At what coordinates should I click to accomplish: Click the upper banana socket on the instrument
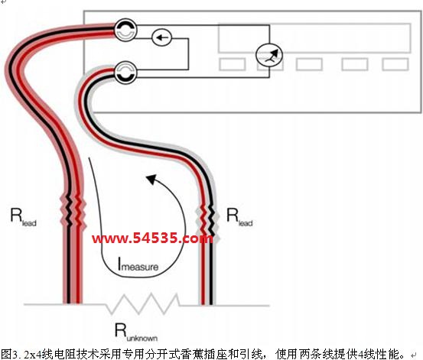125,30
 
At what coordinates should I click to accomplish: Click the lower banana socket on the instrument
125,73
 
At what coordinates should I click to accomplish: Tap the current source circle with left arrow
161,37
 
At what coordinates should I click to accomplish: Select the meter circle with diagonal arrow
269,55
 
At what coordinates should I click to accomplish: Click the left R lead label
23,217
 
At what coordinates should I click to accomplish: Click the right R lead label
239,217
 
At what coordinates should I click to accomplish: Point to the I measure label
138,264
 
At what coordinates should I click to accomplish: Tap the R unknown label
136,332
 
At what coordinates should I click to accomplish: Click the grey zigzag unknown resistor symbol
143,304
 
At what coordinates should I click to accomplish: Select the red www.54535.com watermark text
152,238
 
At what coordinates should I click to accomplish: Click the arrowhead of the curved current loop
151,179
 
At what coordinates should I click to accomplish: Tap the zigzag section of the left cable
73,210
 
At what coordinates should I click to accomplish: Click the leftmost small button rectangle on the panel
233,65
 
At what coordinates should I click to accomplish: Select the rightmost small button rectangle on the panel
395,65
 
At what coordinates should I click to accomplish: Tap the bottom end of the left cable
73,303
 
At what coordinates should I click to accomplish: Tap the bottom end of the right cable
207,303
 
